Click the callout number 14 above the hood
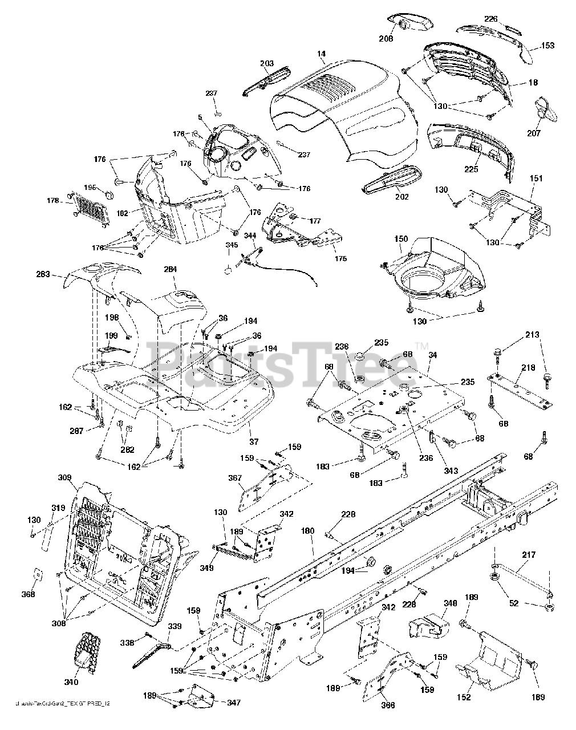tap(322, 54)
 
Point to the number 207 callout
tap(549, 133)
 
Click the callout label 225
tap(471, 169)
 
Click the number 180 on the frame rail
tap(308, 531)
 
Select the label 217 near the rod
tap(530, 554)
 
